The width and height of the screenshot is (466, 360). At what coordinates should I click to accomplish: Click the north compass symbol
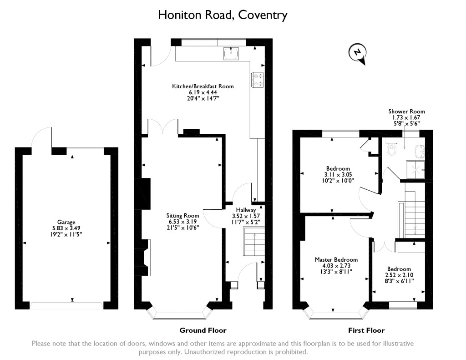358,54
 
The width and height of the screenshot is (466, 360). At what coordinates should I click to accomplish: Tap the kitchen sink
231,54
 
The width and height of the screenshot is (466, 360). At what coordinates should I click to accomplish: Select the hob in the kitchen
258,80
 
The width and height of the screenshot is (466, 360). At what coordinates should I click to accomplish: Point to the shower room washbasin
420,151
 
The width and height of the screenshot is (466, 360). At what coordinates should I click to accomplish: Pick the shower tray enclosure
416,170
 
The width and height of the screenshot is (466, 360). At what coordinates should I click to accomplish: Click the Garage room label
66,222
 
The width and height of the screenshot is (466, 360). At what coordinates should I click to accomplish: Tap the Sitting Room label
182,216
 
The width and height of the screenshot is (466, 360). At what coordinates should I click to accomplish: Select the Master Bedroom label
336,259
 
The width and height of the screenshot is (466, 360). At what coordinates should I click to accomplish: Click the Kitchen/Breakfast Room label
203,86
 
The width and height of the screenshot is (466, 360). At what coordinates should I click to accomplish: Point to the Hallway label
246,210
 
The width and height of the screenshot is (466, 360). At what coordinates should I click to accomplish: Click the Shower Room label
406,112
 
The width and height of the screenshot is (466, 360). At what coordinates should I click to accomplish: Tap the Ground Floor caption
203,330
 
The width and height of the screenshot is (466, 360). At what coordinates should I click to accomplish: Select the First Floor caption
366,330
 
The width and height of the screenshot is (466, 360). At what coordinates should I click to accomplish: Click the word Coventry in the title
263,15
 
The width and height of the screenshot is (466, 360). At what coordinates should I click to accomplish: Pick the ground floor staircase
254,241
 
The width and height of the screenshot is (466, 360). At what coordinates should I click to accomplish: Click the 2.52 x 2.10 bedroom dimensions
399,275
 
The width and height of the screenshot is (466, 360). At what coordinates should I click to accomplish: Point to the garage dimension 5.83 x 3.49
66,228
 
